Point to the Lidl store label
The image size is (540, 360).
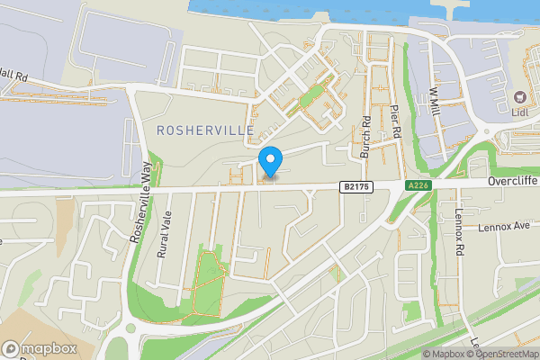pos(519,112)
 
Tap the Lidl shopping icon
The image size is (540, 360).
pos(519,96)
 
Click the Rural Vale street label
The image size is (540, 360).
pos(165,237)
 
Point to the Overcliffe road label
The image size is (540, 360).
pos(512,180)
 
